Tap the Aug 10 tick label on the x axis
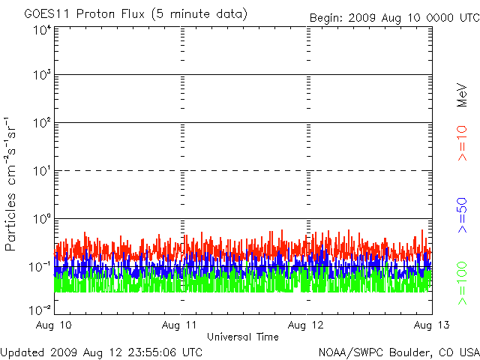tap(53, 325)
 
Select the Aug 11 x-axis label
tap(179, 325)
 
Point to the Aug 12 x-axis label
tap(305, 325)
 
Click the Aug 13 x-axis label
tap(432, 325)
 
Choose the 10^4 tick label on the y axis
tap(43, 31)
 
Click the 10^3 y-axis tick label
tap(43, 75)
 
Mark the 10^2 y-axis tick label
tap(43, 123)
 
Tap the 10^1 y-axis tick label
tap(43, 171)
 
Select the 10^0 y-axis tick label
tap(43, 219)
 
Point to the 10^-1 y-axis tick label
tap(40, 267)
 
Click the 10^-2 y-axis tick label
tap(40, 310)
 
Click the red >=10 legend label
tap(462, 143)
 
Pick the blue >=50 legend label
tap(462, 215)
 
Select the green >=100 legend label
tap(462, 283)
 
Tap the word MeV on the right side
tap(462, 95)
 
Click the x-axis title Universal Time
tap(243, 337)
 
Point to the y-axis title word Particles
tap(10, 222)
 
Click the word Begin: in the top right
tap(326, 18)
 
